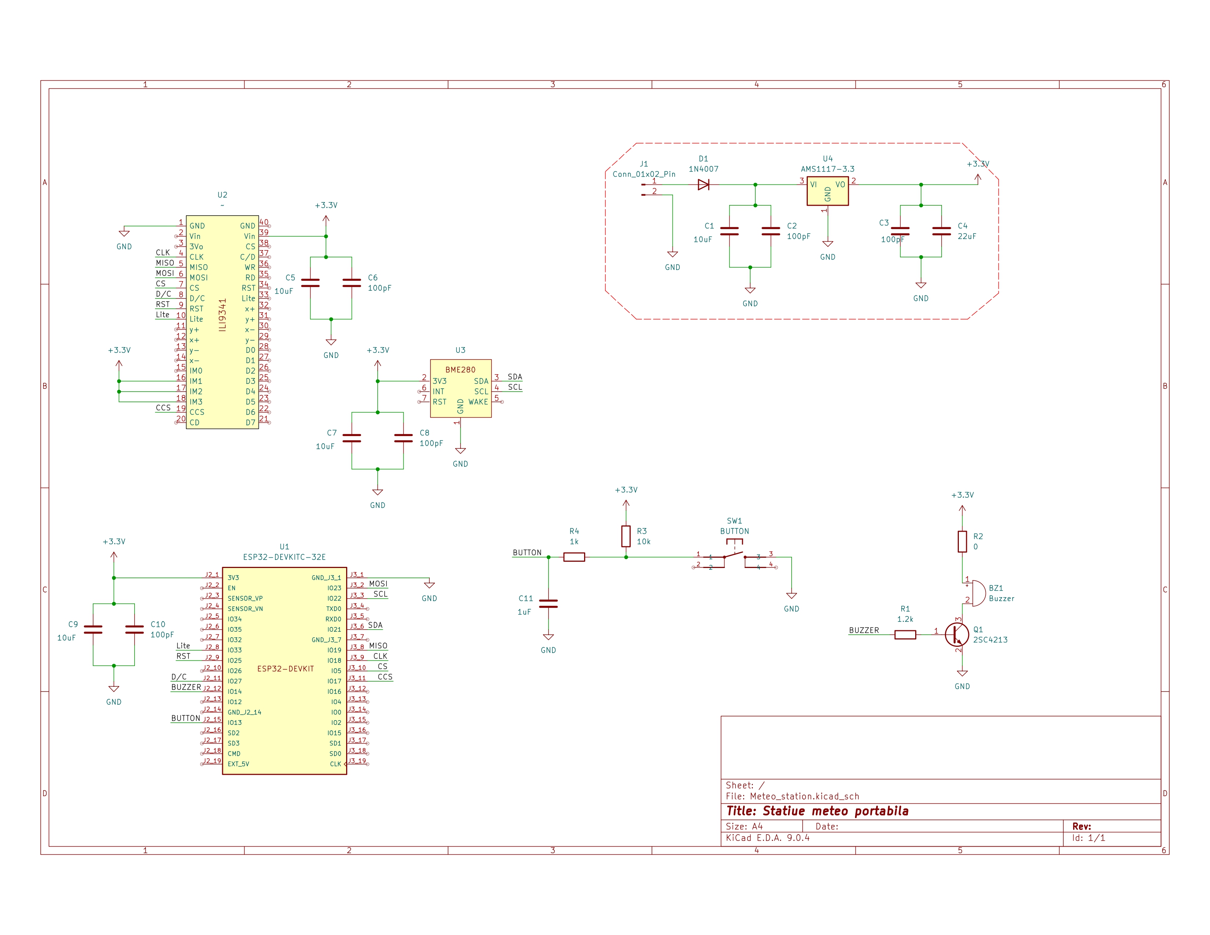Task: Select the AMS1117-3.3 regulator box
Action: pos(827,191)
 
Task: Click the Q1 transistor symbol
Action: pos(957,634)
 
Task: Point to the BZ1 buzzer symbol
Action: pos(977,593)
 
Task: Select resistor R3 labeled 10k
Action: pos(626,536)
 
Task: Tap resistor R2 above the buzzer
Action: pos(962,542)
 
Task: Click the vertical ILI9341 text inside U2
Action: pos(223,315)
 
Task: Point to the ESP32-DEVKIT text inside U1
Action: pos(285,668)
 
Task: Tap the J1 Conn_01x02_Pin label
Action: pos(644,174)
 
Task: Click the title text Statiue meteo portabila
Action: pos(817,811)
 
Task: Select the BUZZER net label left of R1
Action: pos(864,630)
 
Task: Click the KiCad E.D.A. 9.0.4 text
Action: pos(767,837)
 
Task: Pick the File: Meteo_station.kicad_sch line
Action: pos(792,796)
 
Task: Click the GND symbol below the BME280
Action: pos(461,451)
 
